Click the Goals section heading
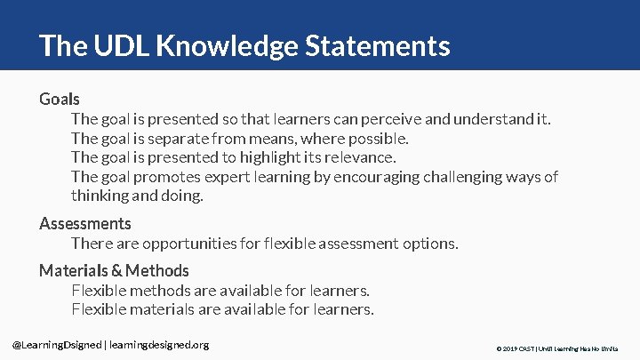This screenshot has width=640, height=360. (x=60, y=99)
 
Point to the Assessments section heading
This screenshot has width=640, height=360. (x=85, y=223)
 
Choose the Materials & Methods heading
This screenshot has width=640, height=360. (x=114, y=270)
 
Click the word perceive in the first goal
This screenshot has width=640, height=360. (x=396, y=119)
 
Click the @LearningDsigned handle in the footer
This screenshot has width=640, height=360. (x=57, y=344)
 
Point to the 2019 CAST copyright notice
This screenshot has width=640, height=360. (x=556, y=348)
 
